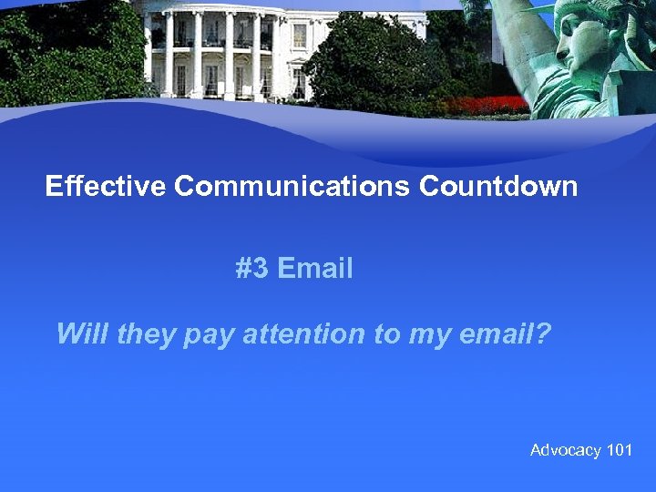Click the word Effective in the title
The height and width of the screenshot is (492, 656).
106,187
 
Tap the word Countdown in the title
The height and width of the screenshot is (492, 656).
498,187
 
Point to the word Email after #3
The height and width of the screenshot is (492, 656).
315,269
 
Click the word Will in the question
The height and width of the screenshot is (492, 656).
83,333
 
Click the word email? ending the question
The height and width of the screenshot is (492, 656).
504,333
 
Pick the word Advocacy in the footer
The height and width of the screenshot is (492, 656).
566,450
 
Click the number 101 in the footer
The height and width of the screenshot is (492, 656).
620,450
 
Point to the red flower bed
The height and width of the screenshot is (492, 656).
491,106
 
